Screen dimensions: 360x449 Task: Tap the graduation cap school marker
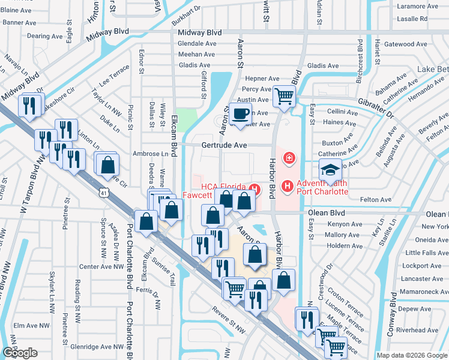click(x=330, y=170)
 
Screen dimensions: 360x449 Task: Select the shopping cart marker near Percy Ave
click(x=285, y=95)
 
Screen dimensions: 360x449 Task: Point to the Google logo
click(x=20, y=353)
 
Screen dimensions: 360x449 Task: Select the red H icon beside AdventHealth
click(x=287, y=187)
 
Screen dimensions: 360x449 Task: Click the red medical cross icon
click(x=289, y=158)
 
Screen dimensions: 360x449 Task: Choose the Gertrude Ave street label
click(x=224, y=145)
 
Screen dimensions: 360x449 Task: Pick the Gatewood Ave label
click(x=405, y=44)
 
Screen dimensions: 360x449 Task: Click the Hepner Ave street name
click(x=262, y=78)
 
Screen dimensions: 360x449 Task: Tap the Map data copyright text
click(x=412, y=355)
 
